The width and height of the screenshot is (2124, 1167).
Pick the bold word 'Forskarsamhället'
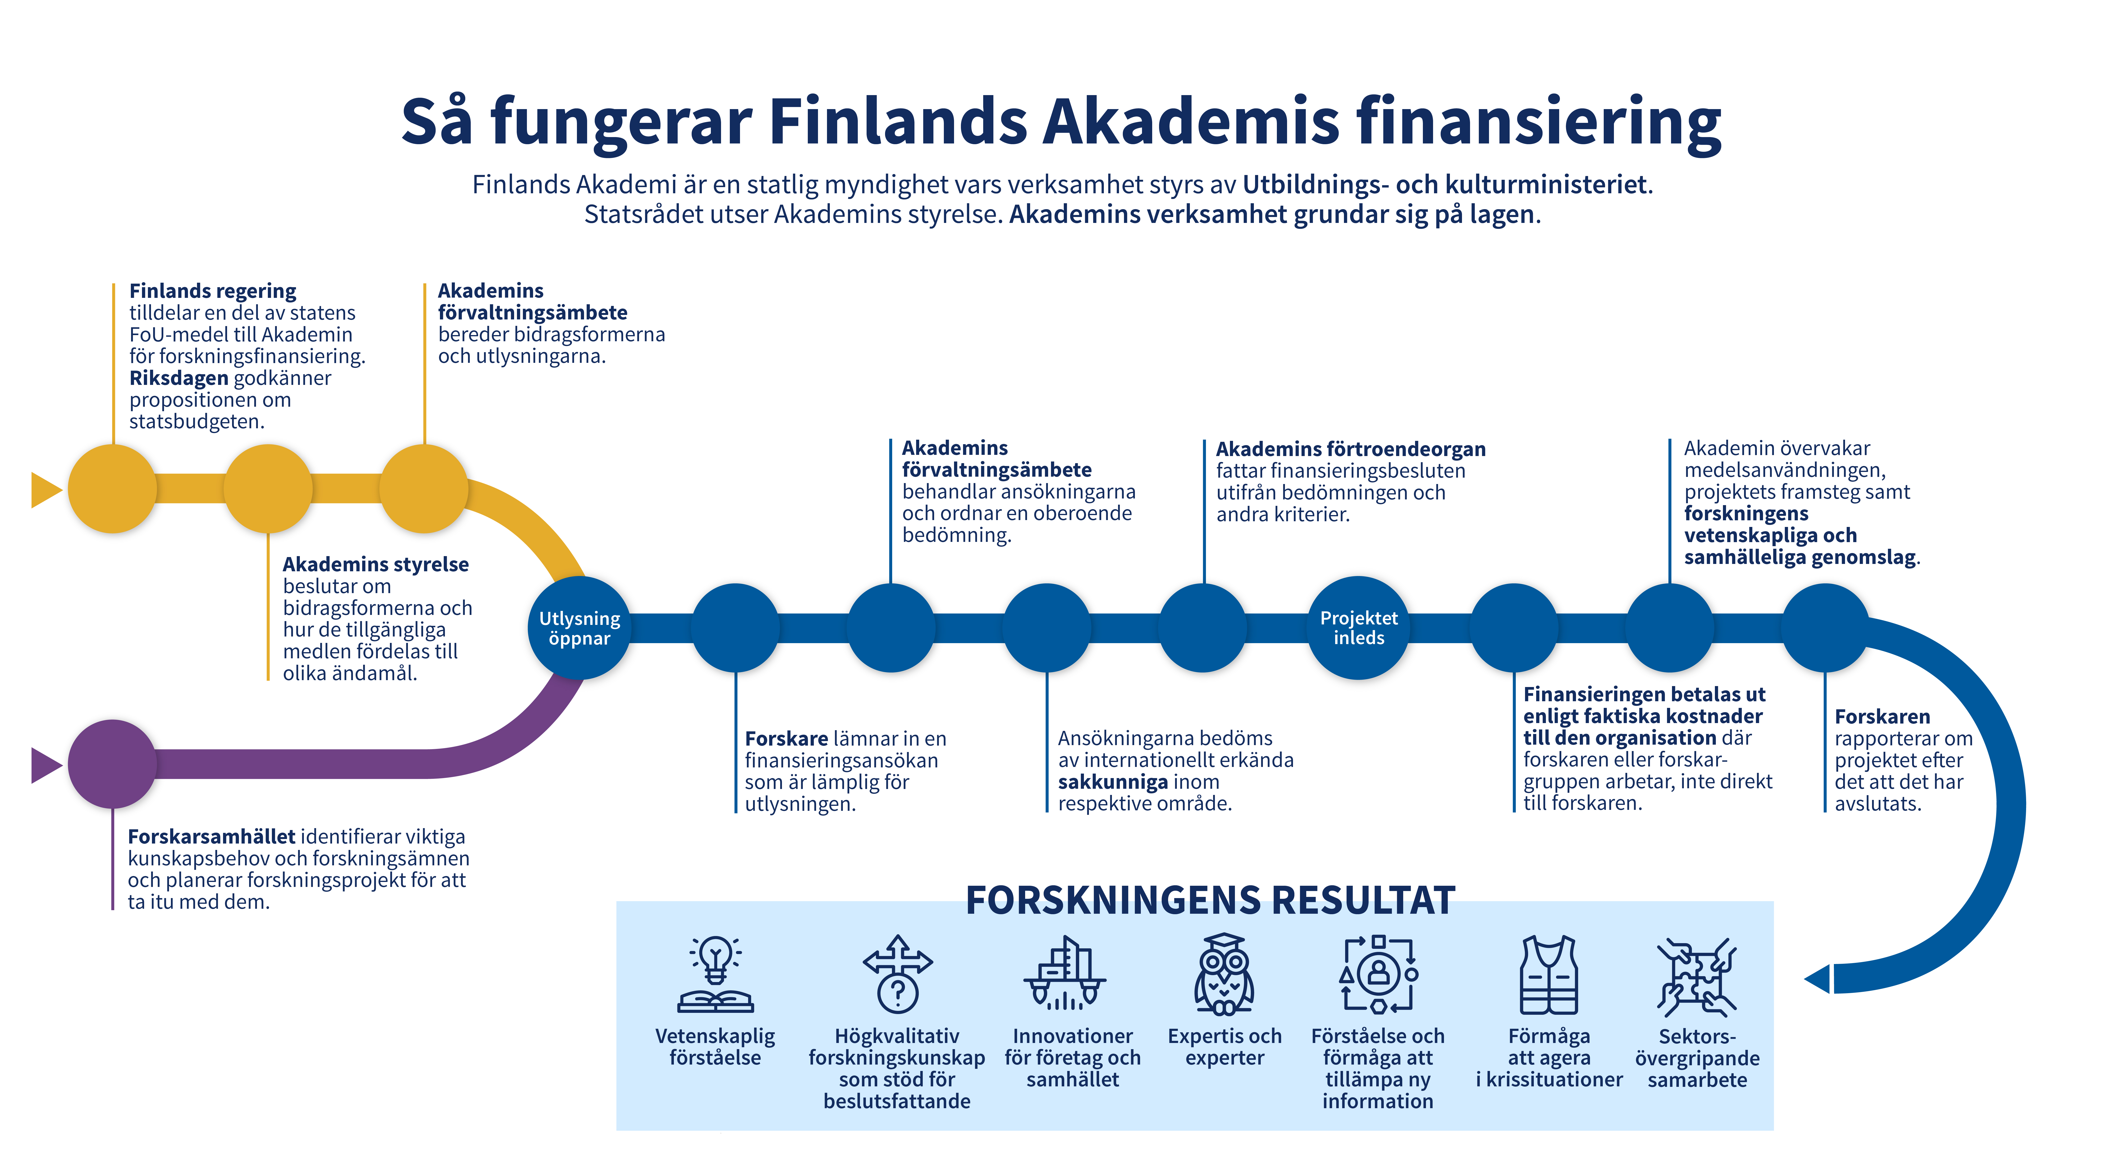211,836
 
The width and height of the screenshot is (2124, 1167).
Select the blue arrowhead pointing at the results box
1817,979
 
